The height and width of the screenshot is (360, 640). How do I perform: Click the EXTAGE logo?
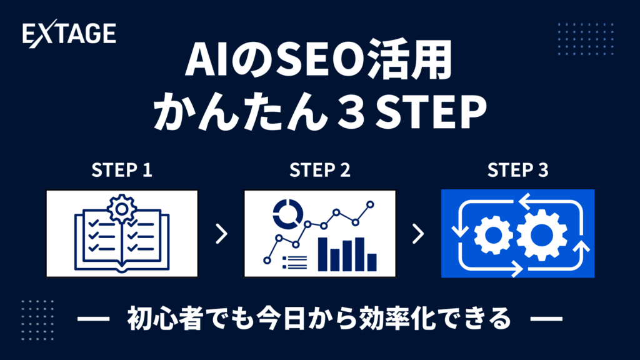point(69,34)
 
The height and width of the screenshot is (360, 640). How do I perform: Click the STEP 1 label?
point(122,170)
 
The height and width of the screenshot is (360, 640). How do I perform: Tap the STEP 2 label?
point(319,170)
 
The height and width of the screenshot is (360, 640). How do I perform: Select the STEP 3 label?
point(517,170)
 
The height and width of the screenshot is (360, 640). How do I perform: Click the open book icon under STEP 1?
point(122,241)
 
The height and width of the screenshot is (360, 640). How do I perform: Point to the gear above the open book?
point(122,209)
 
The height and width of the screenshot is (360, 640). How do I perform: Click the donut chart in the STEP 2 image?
point(288,214)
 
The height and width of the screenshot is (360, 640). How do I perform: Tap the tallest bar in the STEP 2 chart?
point(322,254)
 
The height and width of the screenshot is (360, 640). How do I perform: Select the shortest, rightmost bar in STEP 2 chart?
point(372,262)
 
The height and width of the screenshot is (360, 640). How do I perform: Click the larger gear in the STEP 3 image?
point(541,235)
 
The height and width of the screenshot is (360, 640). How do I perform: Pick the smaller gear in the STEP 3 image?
point(494,236)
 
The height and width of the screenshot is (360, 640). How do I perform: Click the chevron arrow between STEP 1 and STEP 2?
point(222,234)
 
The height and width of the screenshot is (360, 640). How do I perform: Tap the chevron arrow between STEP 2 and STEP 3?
point(418,234)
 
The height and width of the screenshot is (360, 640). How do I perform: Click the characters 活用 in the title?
point(410,61)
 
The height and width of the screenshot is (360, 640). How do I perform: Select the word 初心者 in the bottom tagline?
point(165,319)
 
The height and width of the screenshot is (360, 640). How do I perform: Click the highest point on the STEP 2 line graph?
point(370,204)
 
